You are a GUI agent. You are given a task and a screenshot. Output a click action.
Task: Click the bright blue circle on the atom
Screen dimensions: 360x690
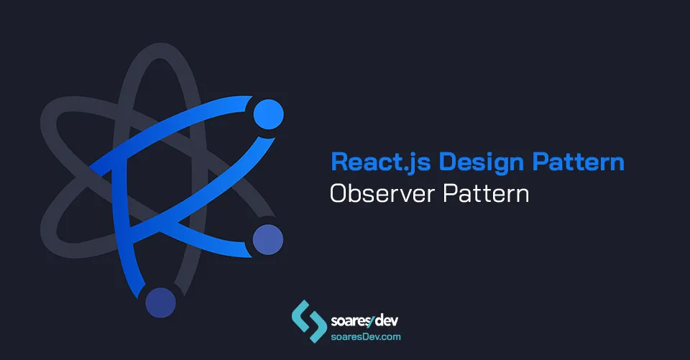point(268,114)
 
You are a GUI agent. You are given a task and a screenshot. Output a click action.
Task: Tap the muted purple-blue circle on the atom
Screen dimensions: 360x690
point(267,237)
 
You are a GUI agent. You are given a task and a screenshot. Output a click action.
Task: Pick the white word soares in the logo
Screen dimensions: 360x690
point(349,320)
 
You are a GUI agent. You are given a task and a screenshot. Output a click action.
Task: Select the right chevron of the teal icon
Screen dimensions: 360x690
point(316,328)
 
